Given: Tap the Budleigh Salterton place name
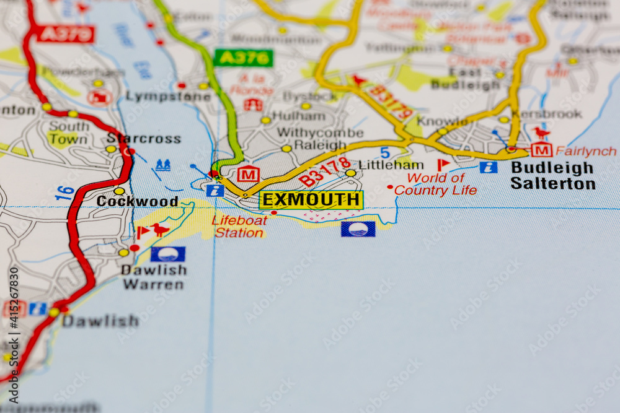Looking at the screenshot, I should [x=553, y=176].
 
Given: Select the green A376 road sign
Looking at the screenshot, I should [x=243, y=58].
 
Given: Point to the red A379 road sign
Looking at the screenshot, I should [x=65, y=34].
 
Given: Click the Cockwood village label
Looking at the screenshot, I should [x=137, y=201].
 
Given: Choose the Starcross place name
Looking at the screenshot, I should [x=144, y=138].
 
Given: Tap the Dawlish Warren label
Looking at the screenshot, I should [x=153, y=277].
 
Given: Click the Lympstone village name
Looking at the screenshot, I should [x=159, y=96].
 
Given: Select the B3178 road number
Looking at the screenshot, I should [x=325, y=172].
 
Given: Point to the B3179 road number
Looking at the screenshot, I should [x=391, y=102].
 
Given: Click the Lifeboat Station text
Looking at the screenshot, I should [x=239, y=227].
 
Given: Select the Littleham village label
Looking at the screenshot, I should [x=391, y=165].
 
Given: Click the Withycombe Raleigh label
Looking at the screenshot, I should [x=320, y=139].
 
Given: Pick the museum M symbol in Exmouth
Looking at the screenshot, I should [x=248, y=175].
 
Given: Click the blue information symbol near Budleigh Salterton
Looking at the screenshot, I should [x=488, y=167].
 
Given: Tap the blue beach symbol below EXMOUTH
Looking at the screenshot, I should [x=358, y=229].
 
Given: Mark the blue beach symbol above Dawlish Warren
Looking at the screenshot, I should [x=167, y=254].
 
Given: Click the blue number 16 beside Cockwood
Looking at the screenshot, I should [x=64, y=193].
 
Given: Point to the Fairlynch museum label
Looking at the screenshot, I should [x=586, y=151].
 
